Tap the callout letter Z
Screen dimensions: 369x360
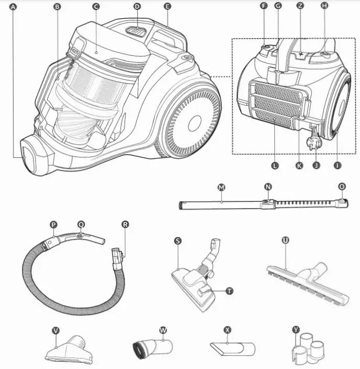tap(300, 5)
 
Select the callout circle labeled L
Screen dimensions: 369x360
tap(275, 165)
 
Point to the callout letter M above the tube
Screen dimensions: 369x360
tap(221, 186)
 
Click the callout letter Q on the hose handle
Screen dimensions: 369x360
tap(81, 224)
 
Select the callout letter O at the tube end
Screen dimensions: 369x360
tap(342, 186)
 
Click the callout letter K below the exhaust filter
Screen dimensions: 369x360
tap(299, 165)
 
